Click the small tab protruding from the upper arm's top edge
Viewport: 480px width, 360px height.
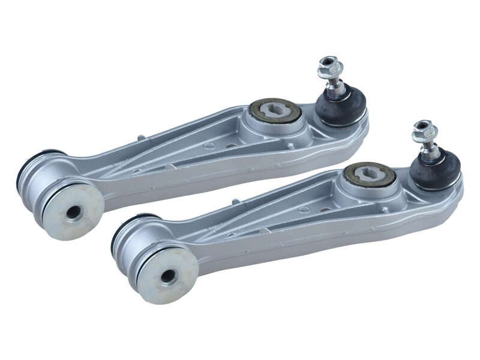(x=141, y=138)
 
